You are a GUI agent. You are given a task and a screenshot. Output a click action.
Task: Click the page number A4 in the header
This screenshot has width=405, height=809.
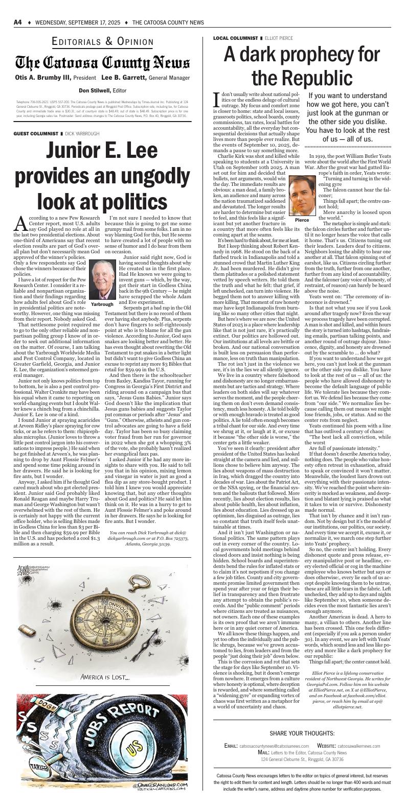[17, 22]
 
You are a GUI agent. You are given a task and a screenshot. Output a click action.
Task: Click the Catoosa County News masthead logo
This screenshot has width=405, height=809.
[102, 63]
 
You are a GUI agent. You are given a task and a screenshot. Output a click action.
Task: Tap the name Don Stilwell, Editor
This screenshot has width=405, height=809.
[102, 90]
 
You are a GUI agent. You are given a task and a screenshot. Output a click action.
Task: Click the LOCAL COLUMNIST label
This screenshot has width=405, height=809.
[235, 38]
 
